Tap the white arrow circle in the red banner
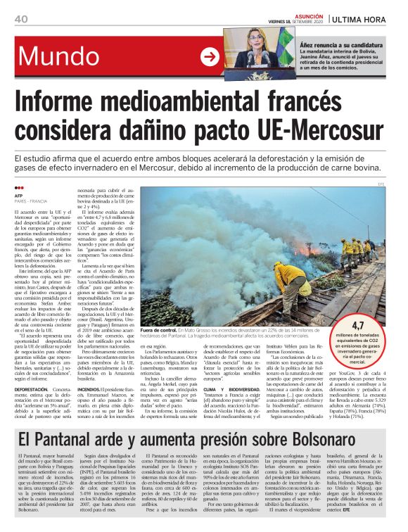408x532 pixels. coord(209,56)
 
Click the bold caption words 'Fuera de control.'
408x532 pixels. coord(160,330)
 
